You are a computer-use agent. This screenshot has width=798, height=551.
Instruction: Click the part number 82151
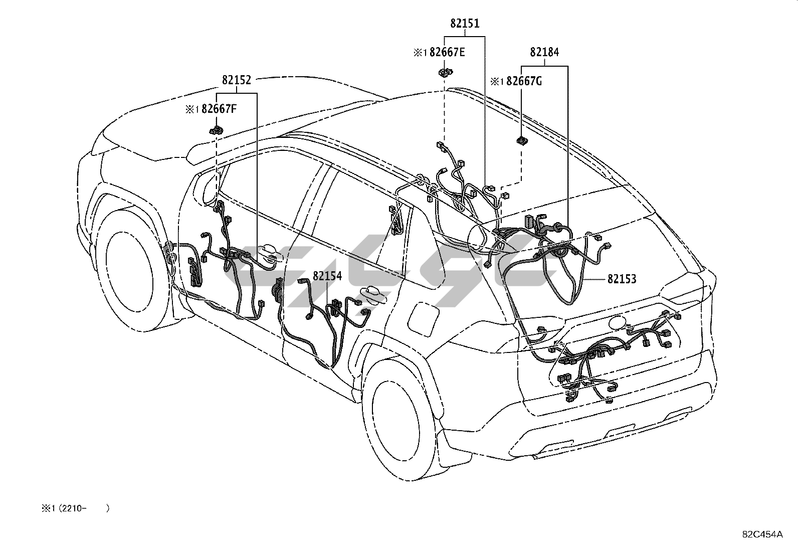tap(464, 23)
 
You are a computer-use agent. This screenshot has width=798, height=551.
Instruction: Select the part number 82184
tap(544, 52)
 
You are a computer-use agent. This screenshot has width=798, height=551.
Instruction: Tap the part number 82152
tap(237, 80)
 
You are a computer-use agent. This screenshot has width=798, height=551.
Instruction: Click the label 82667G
tap(524, 81)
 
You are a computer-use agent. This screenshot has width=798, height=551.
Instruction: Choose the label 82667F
tap(219, 109)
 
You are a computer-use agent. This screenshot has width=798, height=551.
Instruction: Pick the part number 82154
tap(327, 276)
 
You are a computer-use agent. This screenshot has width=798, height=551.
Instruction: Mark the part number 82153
tap(622, 279)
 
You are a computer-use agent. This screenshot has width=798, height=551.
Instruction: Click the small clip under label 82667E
tap(445, 72)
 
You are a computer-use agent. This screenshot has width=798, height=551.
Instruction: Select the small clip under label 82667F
tap(216, 131)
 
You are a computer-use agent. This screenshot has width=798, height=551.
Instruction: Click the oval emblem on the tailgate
tap(618, 323)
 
